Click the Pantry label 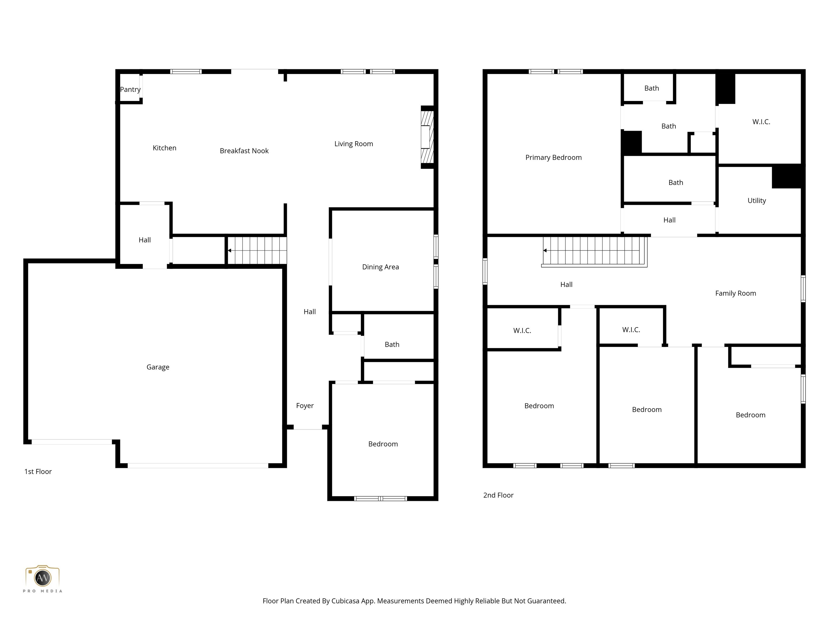coord(130,90)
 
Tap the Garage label coord(158,367)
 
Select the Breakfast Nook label coord(244,151)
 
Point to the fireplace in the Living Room coord(427,137)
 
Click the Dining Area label coord(380,267)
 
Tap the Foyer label coord(305,406)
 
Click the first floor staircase coord(257,251)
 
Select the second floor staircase coord(594,251)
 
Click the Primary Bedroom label coord(553,157)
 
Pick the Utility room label coord(756,201)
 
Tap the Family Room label coord(735,293)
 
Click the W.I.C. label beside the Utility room coord(761,122)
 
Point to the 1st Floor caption coord(38,472)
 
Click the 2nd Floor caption coord(498,495)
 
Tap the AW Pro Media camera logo coord(42,578)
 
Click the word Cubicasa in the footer coord(345,601)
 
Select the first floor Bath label coord(392,344)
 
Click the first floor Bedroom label coord(383,444)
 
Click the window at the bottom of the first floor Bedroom coord(380,499)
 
